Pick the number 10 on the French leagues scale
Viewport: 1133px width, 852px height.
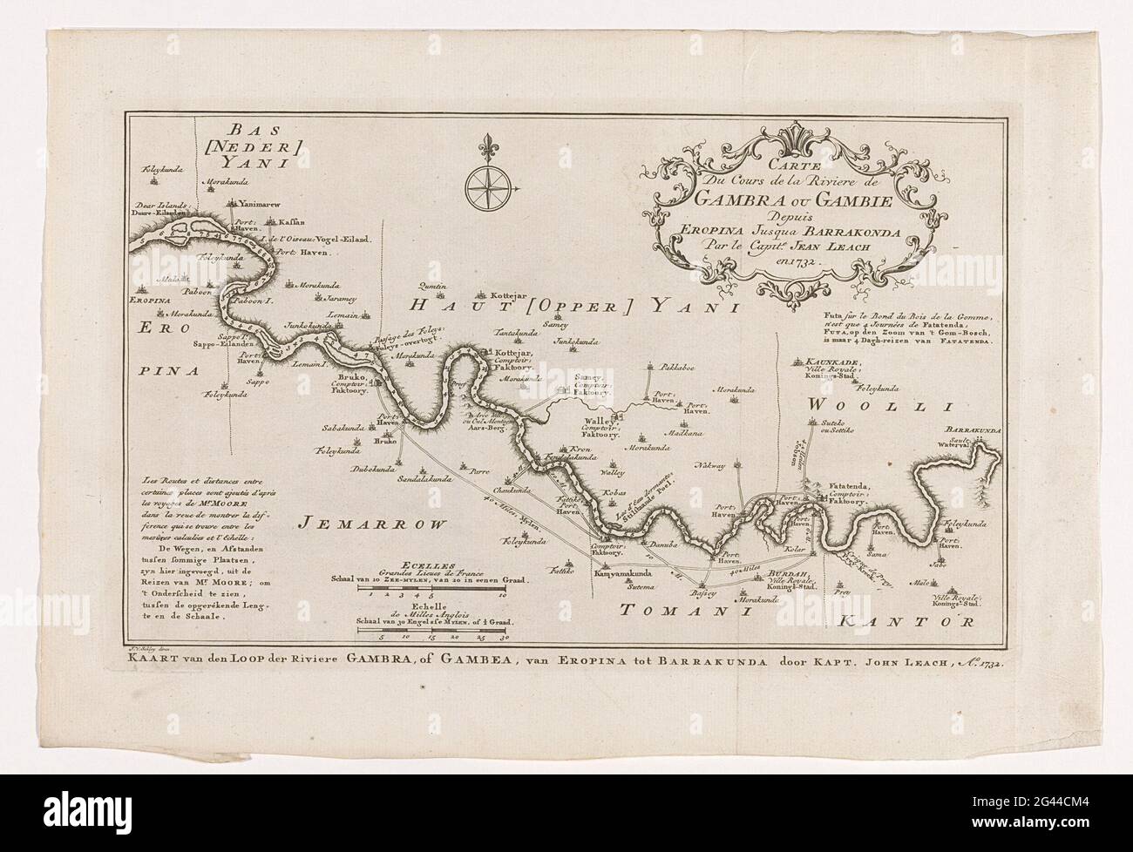click(502, 597)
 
